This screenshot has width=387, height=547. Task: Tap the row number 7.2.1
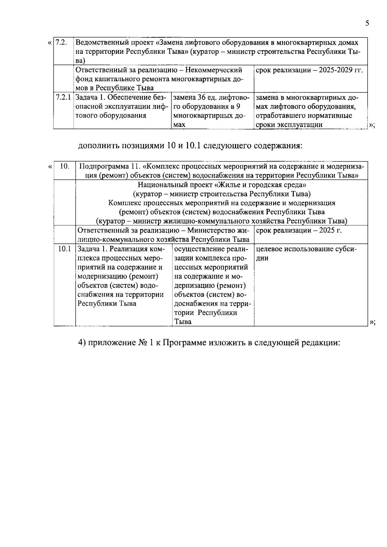tap(63, 97)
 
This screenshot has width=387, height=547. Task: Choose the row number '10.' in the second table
tap(65, 166)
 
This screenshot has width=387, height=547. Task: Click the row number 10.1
tap(64, 249)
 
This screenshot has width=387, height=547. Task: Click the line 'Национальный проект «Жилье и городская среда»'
tap(222, 185)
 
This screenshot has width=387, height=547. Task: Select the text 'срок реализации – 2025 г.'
tap(299, 230)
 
